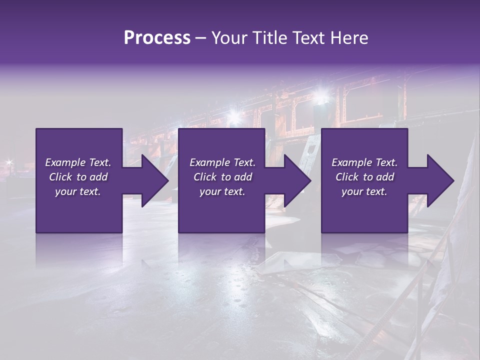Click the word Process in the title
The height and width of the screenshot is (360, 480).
point(157,37)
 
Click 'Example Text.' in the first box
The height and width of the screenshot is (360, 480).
point(78,162)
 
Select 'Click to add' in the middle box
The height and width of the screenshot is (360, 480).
point(222,177)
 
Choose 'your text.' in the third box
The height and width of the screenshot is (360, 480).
point(364,191)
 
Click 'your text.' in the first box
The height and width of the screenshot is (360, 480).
point(78,191)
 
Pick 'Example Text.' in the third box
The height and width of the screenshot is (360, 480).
point(364,162)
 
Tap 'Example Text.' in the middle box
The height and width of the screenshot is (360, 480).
point(222,162)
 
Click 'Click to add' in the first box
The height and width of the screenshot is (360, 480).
point(78,177)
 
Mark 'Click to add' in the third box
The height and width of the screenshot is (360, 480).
point(364,177)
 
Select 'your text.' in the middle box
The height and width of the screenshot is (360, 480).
point(222,191)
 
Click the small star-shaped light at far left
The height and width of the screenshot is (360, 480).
point(8,162)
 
